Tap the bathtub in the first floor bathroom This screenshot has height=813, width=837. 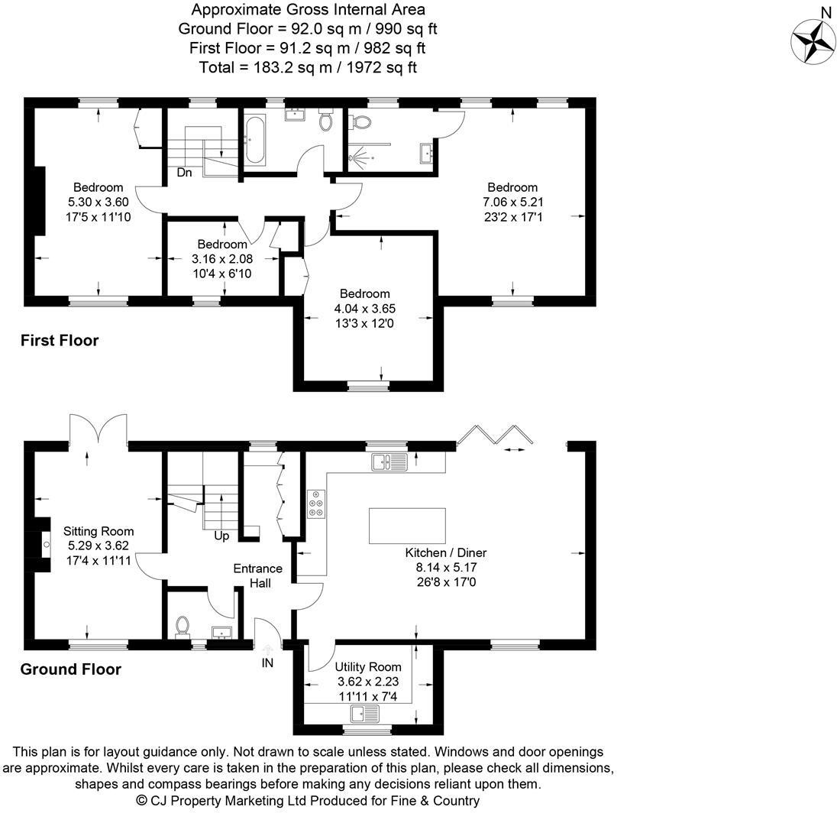point(255,141)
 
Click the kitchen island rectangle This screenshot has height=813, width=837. point(407,526)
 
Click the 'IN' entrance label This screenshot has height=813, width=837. point(267,663)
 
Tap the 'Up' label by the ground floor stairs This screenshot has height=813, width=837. point(221,536)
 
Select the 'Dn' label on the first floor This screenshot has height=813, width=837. point(184,173)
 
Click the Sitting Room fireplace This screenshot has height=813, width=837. point(44,545)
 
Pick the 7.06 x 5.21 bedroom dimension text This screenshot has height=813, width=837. point(512,202)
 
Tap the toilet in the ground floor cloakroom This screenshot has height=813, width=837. point(183,626)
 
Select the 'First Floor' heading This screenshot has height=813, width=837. point(60,341)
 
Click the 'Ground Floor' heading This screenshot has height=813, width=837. point(70,670)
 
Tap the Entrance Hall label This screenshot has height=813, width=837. point(257,575)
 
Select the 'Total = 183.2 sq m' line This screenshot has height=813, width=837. point(308,67)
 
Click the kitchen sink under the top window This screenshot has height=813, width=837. point(389,461)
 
